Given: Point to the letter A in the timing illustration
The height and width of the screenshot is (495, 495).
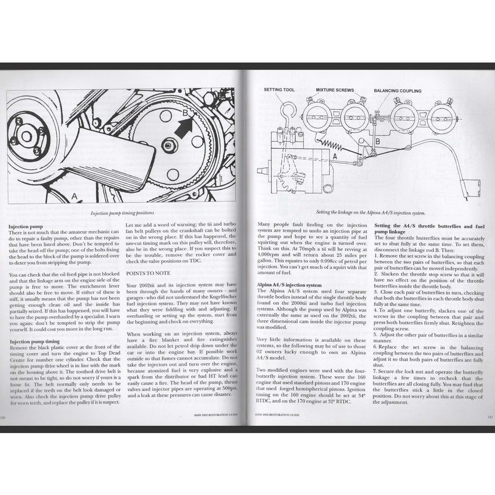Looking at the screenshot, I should click(x=74, y=196).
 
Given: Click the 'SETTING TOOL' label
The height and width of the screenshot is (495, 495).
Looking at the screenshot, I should click(x=280, y=90).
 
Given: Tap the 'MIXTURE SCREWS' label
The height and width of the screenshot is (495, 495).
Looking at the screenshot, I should click(x=335, y=90).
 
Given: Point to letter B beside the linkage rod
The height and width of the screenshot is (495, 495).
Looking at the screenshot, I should click(x=376, y=141).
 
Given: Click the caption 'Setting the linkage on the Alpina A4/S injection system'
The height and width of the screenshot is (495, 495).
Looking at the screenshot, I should click(x=371, y=212).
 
